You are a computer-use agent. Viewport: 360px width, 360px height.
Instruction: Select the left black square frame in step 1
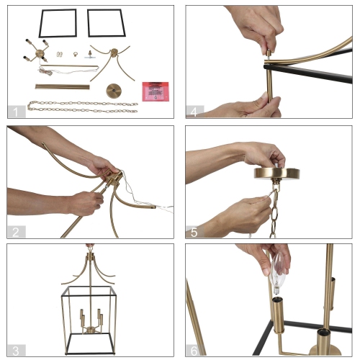[58, 23]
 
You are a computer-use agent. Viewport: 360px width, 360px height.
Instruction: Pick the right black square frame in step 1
[105, 23]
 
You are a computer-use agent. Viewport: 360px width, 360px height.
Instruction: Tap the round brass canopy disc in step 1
[114, 90]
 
